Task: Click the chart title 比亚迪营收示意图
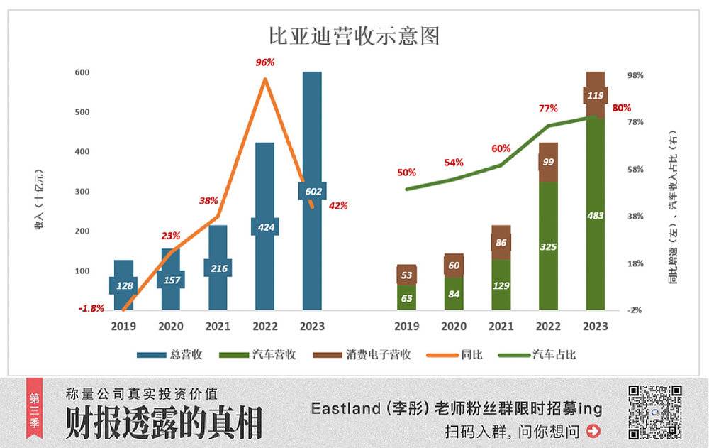coord(354,35)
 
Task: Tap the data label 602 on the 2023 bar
coord(311,190)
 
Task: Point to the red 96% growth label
coord(264,62)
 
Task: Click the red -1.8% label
coord(91,308)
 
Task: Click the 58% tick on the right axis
coord(635,169)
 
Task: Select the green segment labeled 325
coord(548,246)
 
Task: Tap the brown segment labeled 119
coord(595,94)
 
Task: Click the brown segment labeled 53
coord(406,275)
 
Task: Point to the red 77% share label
coord(548,109)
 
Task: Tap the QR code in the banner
coord(655,412)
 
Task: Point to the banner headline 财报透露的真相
coord(164,422)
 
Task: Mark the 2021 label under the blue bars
coord(218,327)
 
